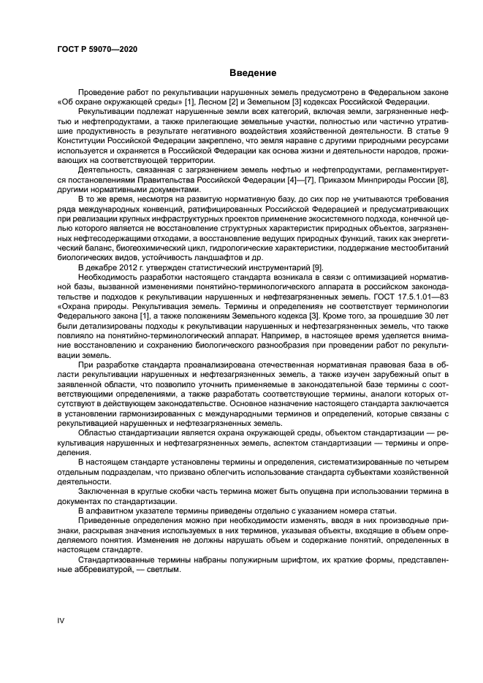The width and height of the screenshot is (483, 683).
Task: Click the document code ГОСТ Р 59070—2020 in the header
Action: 96,49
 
